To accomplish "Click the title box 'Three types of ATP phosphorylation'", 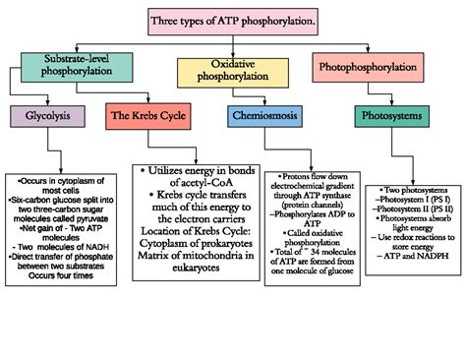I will [x=233, y=20].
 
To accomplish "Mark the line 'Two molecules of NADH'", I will [x=59, y=243].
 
